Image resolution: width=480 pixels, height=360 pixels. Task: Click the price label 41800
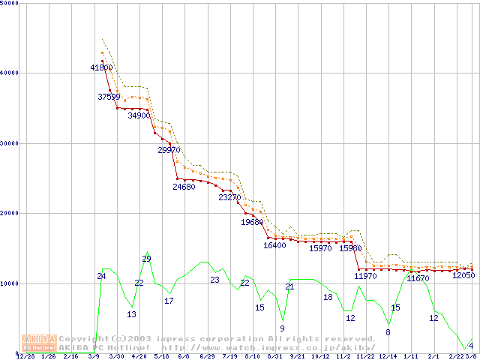coord(101,67)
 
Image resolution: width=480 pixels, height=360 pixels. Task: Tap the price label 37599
coord(109,97)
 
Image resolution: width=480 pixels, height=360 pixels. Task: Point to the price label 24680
coord(184,187)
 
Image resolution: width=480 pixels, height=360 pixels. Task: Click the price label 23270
coord(229,197)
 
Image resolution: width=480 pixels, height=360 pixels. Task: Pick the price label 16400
coord(274,245)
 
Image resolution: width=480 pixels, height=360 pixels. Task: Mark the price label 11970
coord(365,276)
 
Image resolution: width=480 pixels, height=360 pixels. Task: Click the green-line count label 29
coord(146,259)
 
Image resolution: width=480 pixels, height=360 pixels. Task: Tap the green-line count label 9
coord(282,328)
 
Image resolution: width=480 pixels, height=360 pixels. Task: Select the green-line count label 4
coord(470,346)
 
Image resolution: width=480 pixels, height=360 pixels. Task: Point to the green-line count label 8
coord(388,332)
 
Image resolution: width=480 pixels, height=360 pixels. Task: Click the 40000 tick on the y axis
coord(10,73)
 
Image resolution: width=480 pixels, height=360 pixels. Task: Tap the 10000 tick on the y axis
coord(10,284)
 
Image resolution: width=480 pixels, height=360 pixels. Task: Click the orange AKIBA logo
coord(39,343)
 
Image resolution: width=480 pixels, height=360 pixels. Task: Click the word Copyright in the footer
coord(83,339)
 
